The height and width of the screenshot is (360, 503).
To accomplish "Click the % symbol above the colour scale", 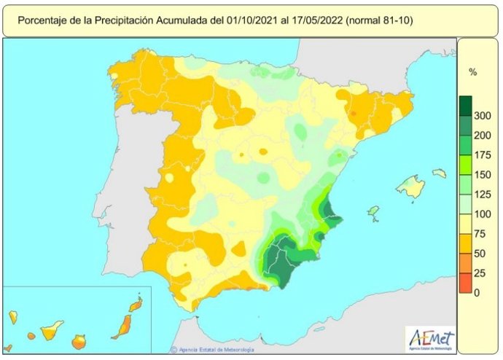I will [x=472, y=72].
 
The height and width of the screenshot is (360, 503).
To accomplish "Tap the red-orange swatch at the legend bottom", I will [x=465, y=283].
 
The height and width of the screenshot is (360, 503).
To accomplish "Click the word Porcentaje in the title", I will [x=42, y=20].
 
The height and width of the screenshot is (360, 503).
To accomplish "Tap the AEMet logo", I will [x=431, y=339].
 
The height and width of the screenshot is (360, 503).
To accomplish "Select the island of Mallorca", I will [x=411, y=187].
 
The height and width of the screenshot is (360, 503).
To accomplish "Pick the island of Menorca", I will [x=439, y=173].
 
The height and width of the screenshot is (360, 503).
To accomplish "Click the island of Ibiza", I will [x=374, y=212].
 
